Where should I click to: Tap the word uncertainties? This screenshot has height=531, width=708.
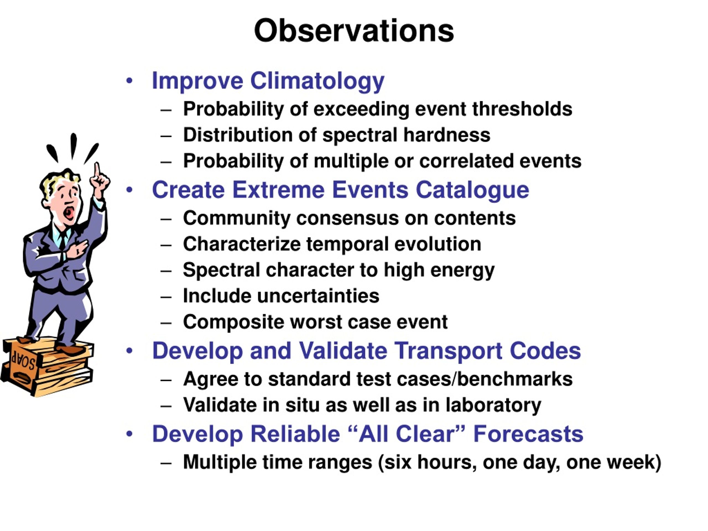click(318, 296)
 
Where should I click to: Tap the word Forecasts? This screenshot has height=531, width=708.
click(528, 434)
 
